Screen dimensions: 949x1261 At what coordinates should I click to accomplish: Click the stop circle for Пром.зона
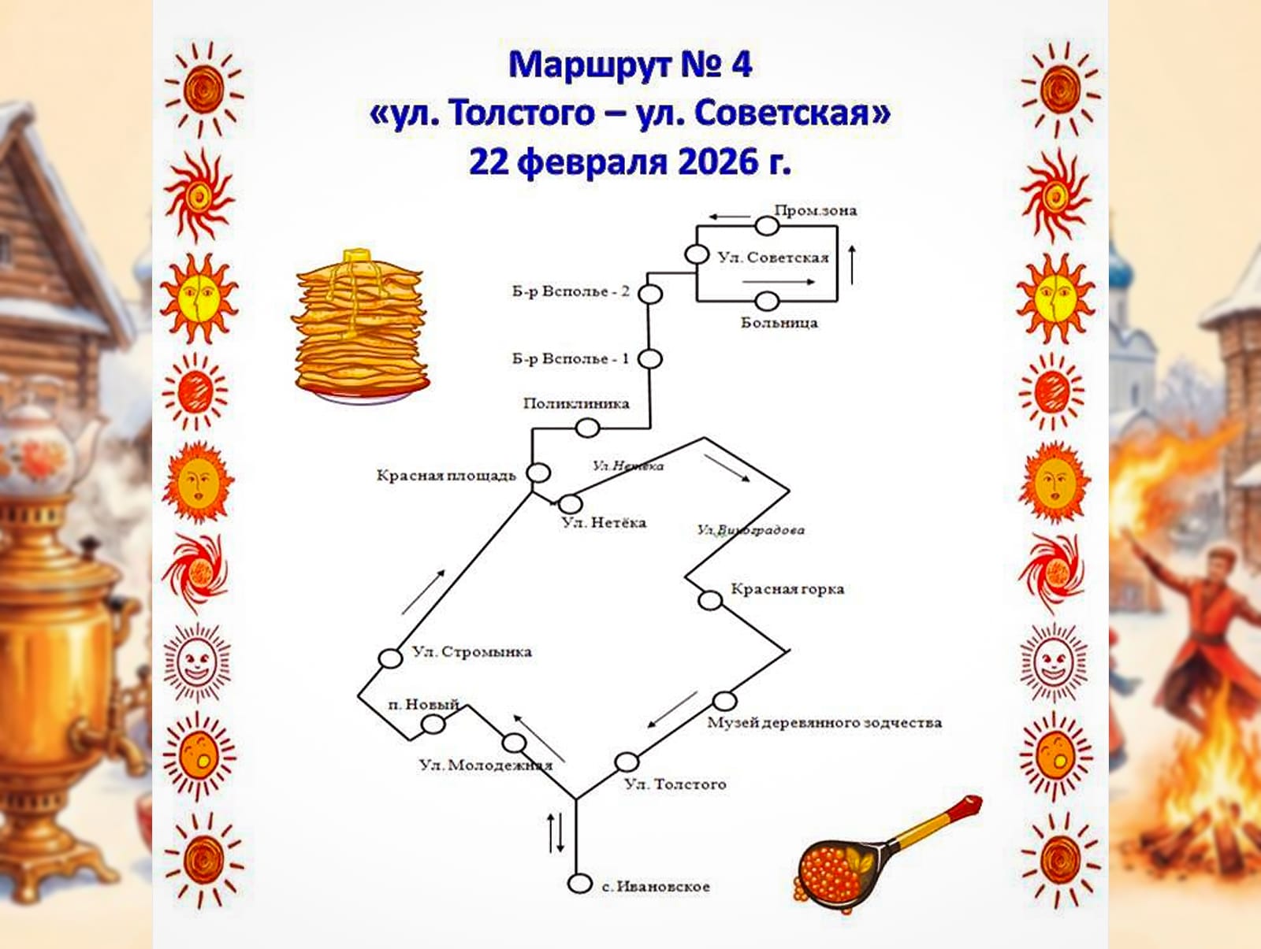click(x=767, y=226)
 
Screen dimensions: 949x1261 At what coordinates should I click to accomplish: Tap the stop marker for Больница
click(x=767, y=301)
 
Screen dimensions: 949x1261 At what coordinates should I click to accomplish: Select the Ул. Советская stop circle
click(x=697, y=254)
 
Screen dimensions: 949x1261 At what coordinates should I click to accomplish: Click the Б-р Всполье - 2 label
click(x=571, y=291)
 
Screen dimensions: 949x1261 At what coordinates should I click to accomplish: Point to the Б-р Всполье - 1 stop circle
click(x=649, y=359)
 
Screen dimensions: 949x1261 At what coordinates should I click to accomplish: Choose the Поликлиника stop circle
click(x=587, y=428)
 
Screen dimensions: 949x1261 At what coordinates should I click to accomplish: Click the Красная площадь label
click(x=445, y=476)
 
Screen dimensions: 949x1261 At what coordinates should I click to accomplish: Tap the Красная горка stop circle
click(x=710, y=601)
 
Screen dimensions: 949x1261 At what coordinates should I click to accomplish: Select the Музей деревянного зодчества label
click(x=824, y=723)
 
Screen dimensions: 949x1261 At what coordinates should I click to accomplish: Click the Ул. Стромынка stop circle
click(x=390, y=658)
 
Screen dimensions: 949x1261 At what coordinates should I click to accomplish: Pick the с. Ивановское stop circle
click(x=579, y=884)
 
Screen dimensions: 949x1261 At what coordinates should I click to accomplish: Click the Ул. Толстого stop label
click(x=675, y=784)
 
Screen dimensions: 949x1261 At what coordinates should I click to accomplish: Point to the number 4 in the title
click(x=741, y=65)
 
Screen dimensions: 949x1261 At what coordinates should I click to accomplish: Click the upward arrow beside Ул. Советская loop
click(x=852, y=265)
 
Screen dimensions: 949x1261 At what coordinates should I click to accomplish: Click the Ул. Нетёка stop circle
click(x=570, y=503)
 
